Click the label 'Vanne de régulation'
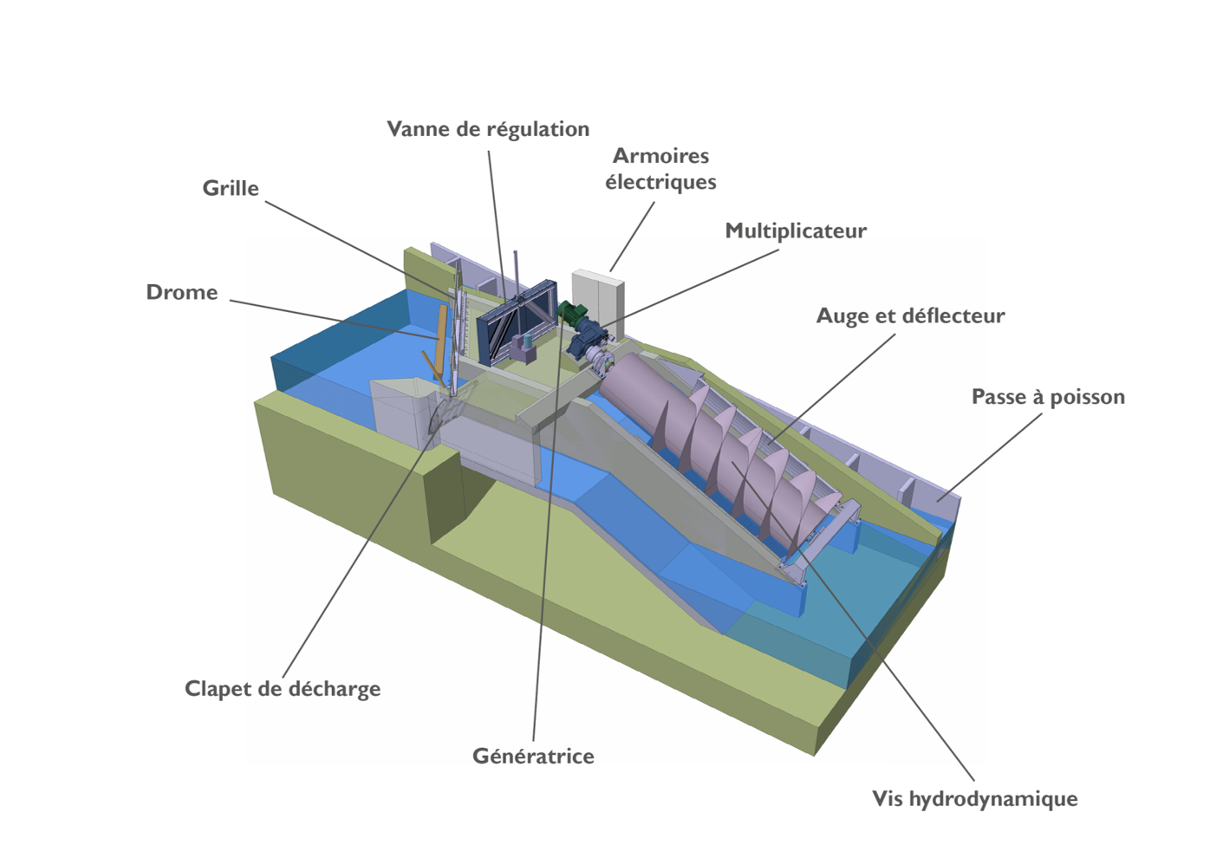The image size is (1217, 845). coord(488,129)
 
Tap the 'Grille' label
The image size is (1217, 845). coord(231,188)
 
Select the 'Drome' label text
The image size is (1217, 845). coord(182,292)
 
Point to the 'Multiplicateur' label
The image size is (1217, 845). coord(796,231)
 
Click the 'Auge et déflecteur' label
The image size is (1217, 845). coord(910,315)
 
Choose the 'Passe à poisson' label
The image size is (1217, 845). coord(1048,397)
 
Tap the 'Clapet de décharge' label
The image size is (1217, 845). coord(283,689)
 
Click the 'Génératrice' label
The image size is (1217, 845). coord(533,756)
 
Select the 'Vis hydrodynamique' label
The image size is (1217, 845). coord(974,798)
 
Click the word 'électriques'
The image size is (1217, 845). coord(661,182)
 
